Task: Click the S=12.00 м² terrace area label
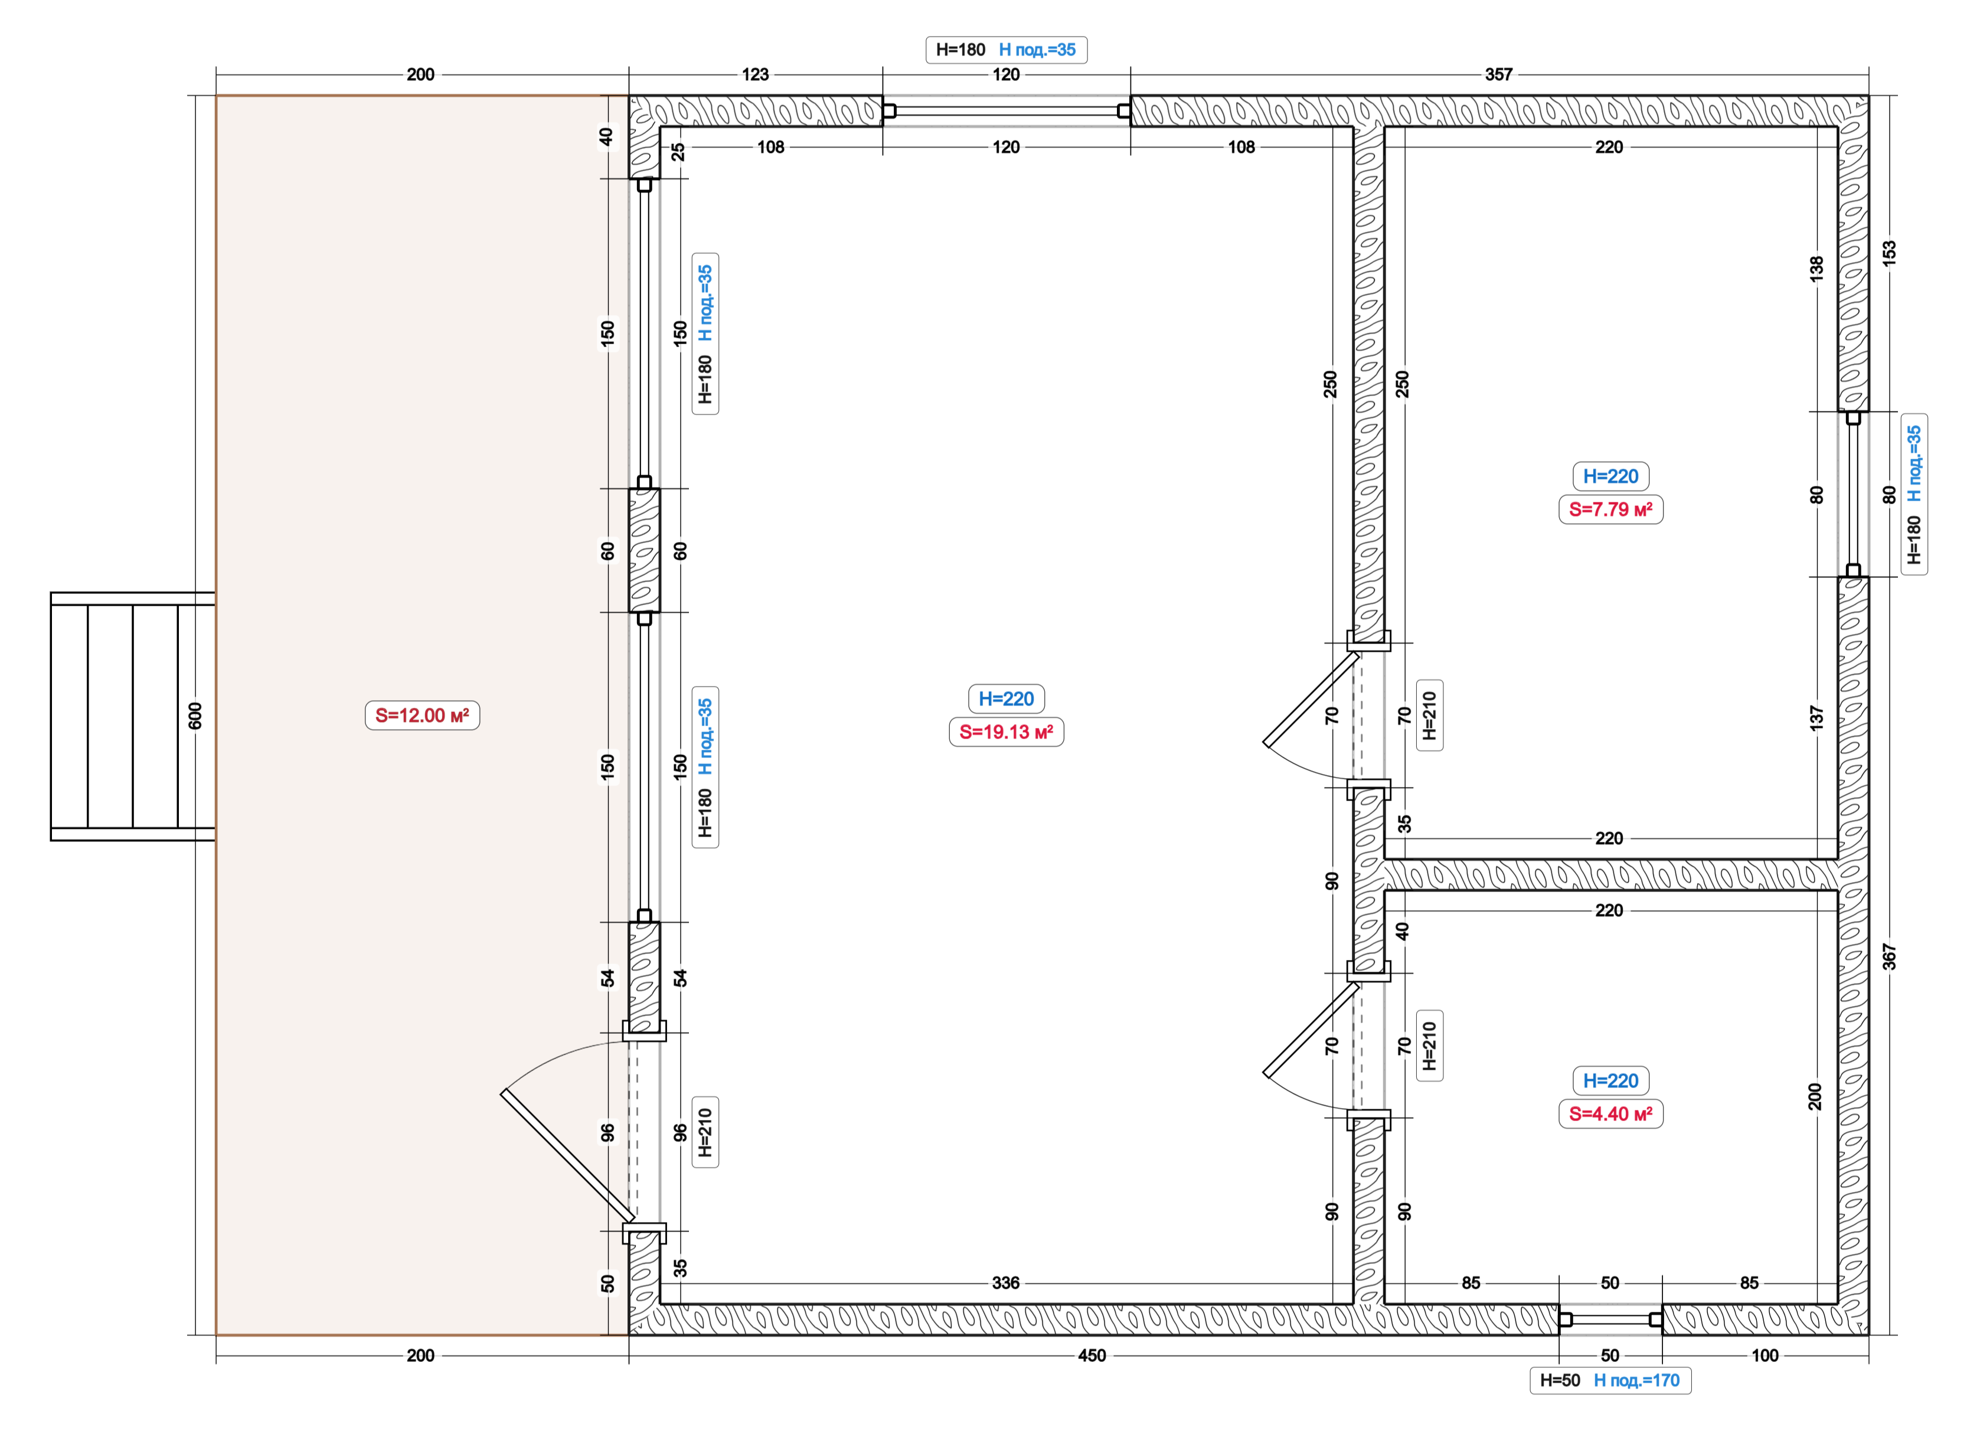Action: click(422, 716)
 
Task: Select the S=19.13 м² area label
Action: click(1006, 731)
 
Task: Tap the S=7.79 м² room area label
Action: click(1610, 509)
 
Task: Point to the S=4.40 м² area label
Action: click(1610, 1113)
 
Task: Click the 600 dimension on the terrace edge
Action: click(195, 716)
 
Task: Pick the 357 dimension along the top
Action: click(1498, 74)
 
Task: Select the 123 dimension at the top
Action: click(755, 74)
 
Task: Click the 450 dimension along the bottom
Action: click(1092, 1355)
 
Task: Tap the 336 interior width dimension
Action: click(1006, 1283)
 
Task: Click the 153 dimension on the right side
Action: click(1890, 253)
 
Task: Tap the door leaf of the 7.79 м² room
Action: click(1311, 699)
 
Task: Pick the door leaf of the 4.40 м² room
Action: click(1311, 1030)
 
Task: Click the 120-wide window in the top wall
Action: click(1006, 111)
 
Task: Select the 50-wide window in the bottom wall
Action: click(1610, 1319)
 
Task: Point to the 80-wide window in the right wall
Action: click(1853, 494)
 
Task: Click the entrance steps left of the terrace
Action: click(133, 716)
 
